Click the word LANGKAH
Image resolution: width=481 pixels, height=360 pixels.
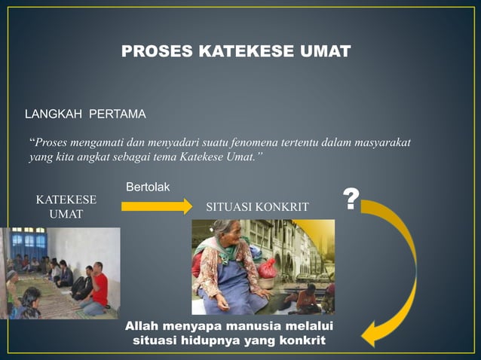pyautogui.click(x=54, y=114)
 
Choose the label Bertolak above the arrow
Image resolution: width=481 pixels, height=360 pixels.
pyautogui.click(x=147, y=186)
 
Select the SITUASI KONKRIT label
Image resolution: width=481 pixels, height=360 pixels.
pyautogui.click(x=257, y=206)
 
